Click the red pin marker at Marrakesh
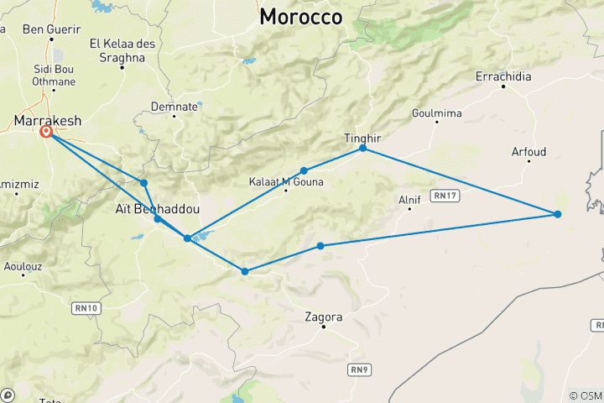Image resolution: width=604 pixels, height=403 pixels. tap(46, 132)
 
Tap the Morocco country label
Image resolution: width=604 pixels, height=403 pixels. tap(300, 17)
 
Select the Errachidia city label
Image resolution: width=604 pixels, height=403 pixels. tap(503, 76)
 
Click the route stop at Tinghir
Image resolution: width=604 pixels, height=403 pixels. tap(363, 148)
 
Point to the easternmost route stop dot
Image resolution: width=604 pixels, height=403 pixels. tap(558, 214)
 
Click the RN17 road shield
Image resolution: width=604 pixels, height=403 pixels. tap(445, 196)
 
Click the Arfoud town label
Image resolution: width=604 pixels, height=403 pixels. tap(528, 152)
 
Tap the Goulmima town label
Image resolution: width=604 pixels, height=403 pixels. tap(436, 113)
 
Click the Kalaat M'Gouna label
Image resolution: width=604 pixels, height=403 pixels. tap(286, 181)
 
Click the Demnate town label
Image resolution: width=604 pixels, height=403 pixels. tap(174, 107)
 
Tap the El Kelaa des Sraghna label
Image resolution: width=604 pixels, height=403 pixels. tap(122, 50)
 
